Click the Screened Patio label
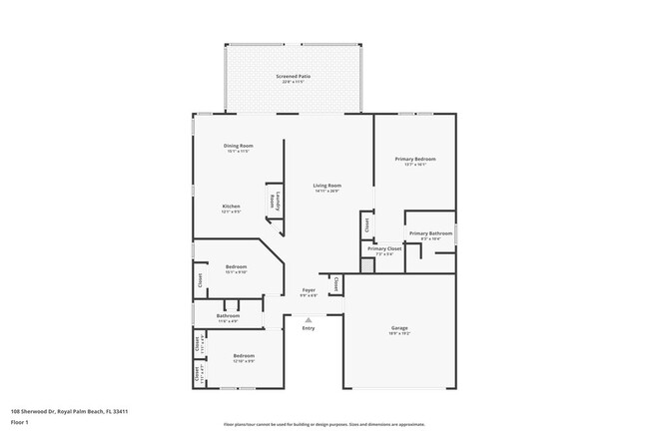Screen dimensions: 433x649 pos(292,76)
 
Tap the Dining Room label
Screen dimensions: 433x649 pos(238,146)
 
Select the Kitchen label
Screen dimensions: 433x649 pos(231,207)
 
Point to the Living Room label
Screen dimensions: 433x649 pos(327,185)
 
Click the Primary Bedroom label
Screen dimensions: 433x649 pos(415,159)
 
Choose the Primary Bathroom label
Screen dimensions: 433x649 pos(430,233)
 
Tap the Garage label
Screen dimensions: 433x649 pos(399,328)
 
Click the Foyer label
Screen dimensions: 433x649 pos(309,290)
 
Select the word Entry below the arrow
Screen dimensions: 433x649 pos(309,328)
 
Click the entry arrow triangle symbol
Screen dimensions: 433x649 pos(309,319)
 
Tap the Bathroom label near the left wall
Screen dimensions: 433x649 pos(227,316)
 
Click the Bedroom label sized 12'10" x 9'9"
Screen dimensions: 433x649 pos(244,356)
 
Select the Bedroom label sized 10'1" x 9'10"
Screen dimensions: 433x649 pos(236,266)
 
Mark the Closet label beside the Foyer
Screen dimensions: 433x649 pos(335,284)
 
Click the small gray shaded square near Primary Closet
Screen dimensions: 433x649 pos(366,267)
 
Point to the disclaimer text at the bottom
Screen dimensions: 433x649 pos(324,423)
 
